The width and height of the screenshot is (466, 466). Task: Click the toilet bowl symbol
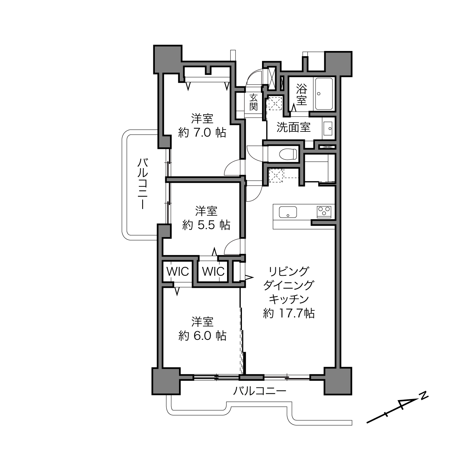288,154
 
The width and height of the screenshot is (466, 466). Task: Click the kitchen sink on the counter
288,212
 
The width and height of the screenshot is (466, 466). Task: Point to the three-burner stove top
324,212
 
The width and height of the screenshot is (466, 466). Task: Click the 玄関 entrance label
253,102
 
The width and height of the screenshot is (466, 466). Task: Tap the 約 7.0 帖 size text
202,133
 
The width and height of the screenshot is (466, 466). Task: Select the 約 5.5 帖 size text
206,225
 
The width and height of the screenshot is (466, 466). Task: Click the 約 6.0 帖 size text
202,336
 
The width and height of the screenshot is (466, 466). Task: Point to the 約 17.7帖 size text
289,313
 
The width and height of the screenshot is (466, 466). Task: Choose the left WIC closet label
178,272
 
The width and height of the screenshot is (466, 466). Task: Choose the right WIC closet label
213,272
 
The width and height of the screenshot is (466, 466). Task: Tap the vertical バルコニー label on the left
143,183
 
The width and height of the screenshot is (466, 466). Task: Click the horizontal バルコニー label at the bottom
259,390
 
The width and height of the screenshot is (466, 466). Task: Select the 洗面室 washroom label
293,127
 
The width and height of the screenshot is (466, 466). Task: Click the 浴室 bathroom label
301,94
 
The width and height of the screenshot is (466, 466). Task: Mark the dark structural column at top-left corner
168,59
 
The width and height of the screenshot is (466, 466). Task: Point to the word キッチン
289,299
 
